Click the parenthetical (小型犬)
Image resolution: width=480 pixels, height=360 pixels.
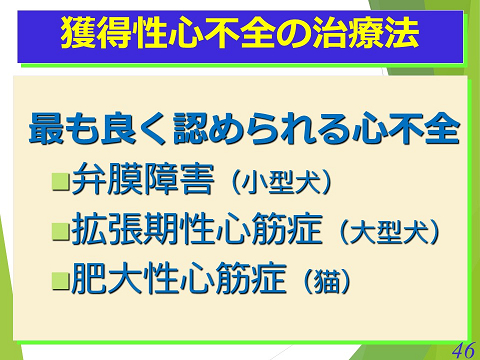[280, 184]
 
